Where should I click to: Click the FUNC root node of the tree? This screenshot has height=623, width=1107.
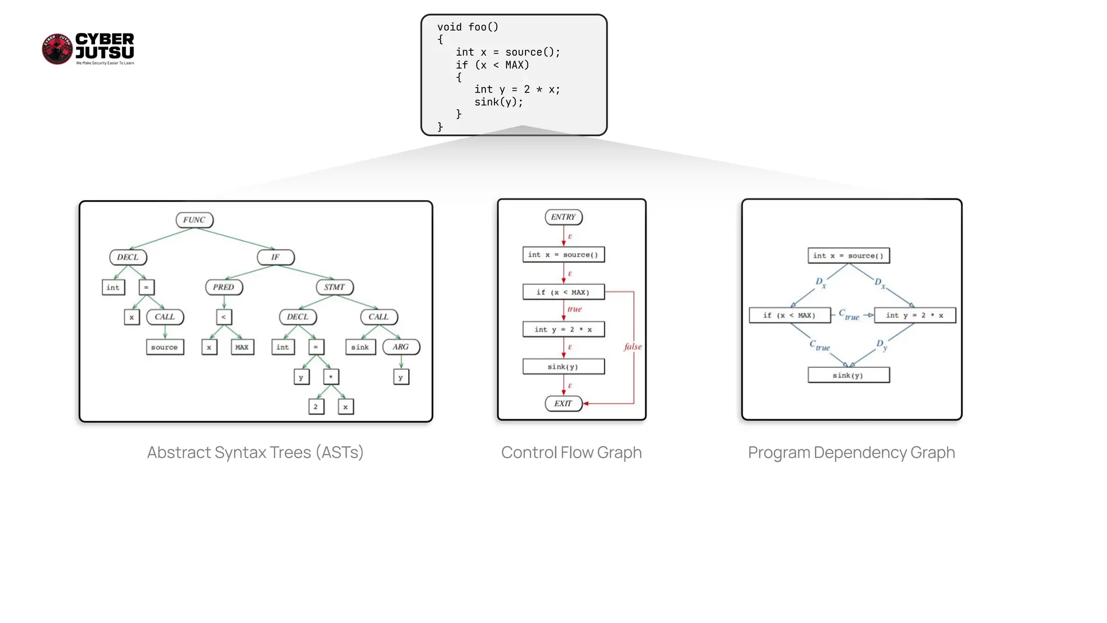194,220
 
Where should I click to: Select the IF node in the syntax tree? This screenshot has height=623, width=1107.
276,257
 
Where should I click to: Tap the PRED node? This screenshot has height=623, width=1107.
224,287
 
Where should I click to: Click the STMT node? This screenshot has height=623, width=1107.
335,287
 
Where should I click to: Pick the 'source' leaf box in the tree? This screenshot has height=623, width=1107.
165,347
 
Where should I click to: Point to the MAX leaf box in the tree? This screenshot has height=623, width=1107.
242,347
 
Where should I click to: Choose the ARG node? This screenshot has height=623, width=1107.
401,347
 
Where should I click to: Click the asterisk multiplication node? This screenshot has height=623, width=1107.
331,377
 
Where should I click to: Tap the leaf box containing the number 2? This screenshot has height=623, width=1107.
316,407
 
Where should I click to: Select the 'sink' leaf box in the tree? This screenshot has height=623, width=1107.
360,347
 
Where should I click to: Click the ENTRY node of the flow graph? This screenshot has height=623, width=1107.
563,217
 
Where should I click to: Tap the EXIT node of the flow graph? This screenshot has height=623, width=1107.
563,404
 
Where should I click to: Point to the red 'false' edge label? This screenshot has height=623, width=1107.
633,347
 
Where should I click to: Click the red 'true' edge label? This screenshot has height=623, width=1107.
575,309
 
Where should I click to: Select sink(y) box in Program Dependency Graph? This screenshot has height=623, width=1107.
848,375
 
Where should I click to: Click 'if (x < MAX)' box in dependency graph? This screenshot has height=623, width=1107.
789,315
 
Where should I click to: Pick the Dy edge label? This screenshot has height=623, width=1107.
882,345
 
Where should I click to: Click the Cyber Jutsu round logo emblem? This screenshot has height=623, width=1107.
57,49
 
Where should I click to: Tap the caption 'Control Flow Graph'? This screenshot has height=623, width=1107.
571,453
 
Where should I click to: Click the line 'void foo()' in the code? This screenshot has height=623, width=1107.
468,27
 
